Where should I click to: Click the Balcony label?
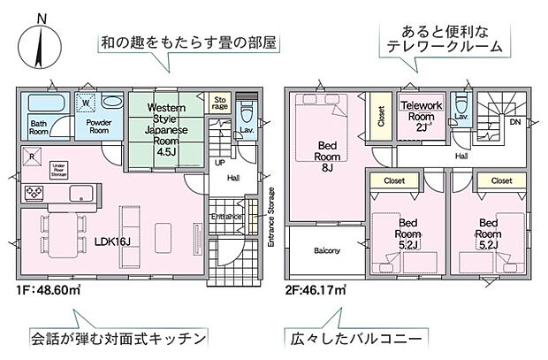pyautogui.click(x=326, y=250)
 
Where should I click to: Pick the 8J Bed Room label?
pyautogui.click(x=324, y=156)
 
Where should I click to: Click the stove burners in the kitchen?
pyautogui.click(x=32, y=192)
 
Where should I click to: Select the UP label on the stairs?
pyautogui.click(x=220, y=164)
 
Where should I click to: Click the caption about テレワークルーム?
pyautogui.click(x=438, y=37)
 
